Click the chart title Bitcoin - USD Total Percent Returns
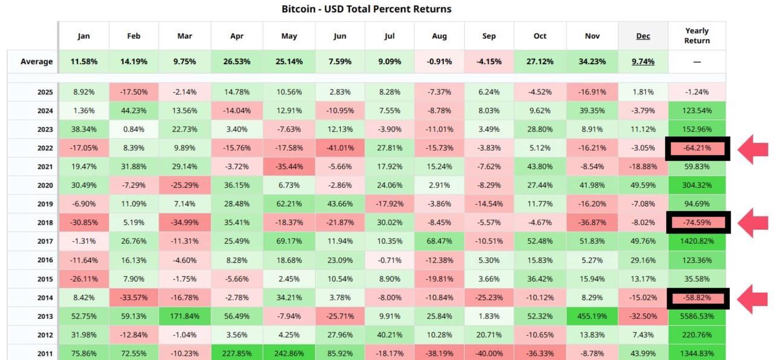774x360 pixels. click(x=366, y=9)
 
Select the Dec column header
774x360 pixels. click(x=643, y=36)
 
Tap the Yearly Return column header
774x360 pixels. click(x=697, y=36)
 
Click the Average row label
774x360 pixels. click(x=36, y=61)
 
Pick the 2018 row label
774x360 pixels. click(x=45, y=223)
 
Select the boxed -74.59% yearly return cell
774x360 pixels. click(x=697, y=223)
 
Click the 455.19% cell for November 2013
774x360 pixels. click(x=592, y=316)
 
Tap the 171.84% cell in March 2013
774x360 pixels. click(x=184, y=316)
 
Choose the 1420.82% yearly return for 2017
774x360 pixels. click(x=697, y=241)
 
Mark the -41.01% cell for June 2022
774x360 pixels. click(x=339, y=148)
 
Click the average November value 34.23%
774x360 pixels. click(x=592, y=61)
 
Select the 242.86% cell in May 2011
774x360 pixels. click(x=289, y=354)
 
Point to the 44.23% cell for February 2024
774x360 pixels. click(x=134, y=111)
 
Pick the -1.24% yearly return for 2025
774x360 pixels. click(x=697, y=92)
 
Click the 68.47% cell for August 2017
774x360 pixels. click(x=440, y=241)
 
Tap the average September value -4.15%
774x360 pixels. click(x=489, y=61)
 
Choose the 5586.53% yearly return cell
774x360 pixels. click(x=697, y=316)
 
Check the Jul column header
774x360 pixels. click(x=389, y=36)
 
